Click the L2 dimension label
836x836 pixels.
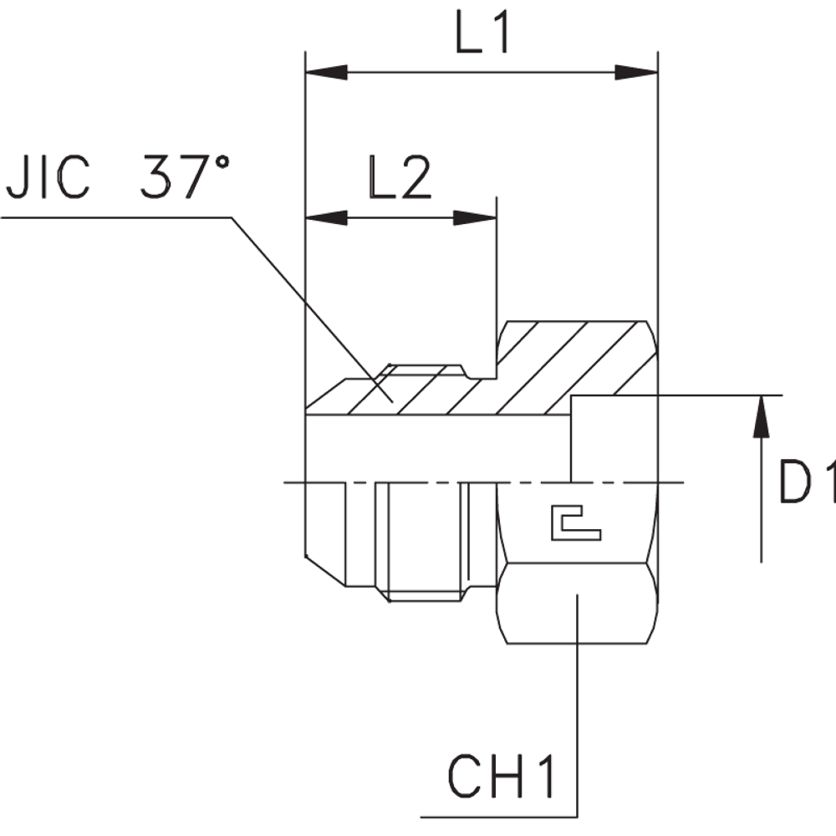coord(399,176)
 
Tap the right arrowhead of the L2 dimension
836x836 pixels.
coord(474,218)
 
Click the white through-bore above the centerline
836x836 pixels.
coord(435,449)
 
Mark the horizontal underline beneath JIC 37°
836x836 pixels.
coord(117,217)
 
